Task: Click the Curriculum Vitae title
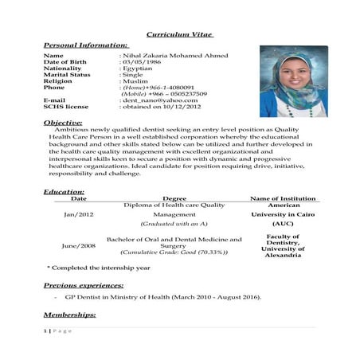click(180, 34)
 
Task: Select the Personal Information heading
click(85, 45)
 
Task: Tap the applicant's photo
click(293, 81)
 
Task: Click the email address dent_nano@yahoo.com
click(159, 100)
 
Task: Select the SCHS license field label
click(66, 107)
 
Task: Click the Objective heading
click(63, 123)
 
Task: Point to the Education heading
click(64, 192)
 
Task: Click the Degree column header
click(174, 198)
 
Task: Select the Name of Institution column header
click(283, 198)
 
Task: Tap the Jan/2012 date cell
click(78, 214)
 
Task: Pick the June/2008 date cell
click(78, 245)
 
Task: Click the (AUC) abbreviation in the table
click(283, 224)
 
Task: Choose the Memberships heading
click(69, 315)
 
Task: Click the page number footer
click(57, 331)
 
